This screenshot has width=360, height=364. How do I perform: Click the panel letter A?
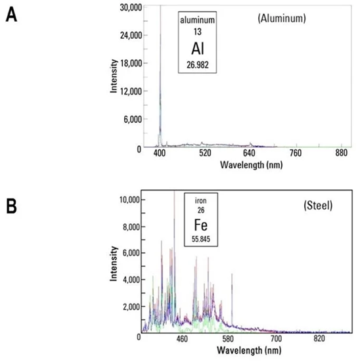click(x=11, y=15)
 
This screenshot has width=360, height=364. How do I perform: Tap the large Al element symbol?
click(x=199, y=48)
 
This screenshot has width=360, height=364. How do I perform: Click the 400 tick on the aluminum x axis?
click(x=160, y=153)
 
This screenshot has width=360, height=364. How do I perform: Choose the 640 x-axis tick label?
click(x=250, y=153)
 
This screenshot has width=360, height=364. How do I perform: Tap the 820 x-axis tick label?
click(x=319, y=338)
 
